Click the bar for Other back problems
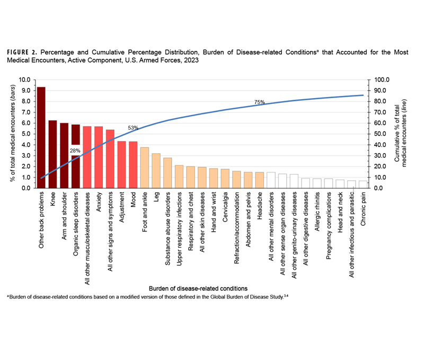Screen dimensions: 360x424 tap(41, 137)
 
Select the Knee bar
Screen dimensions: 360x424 tap(52, 154)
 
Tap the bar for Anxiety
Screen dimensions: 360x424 tap(99, 157)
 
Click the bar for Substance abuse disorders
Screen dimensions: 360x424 tap(167, 173)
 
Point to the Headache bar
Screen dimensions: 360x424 tap(259, 180)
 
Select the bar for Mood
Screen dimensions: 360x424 tap(133, 164)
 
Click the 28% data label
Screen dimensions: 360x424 tap(76, 151)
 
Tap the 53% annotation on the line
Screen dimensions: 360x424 tap(133, 128)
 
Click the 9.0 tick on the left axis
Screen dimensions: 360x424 tap(25, 91)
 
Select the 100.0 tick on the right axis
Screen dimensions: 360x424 tap(382, 80)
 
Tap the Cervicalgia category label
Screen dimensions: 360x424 tap(225, 213)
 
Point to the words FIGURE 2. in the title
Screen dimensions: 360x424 tap(22, 52)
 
